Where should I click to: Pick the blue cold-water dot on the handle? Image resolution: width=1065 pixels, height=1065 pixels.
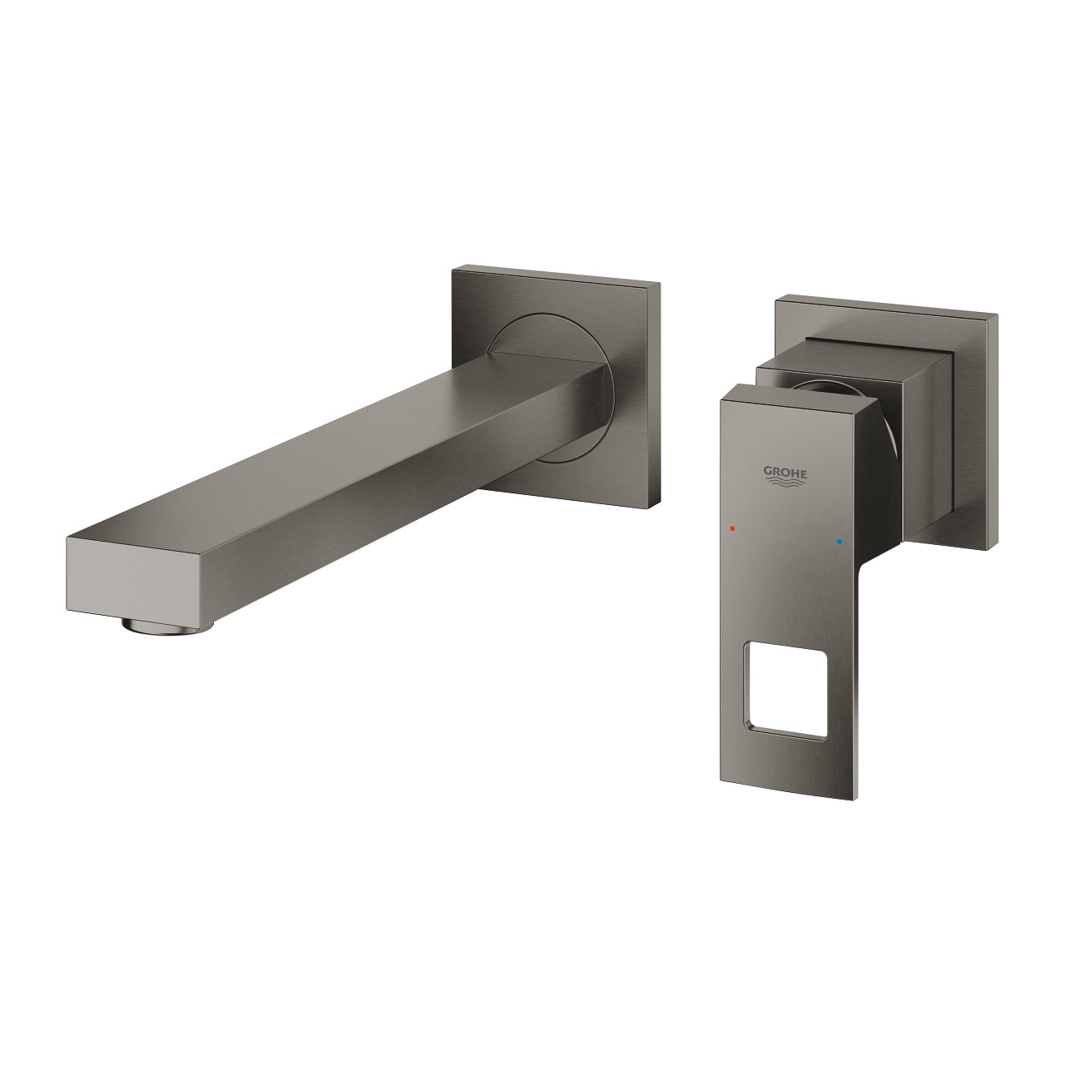(x=839, y=541)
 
